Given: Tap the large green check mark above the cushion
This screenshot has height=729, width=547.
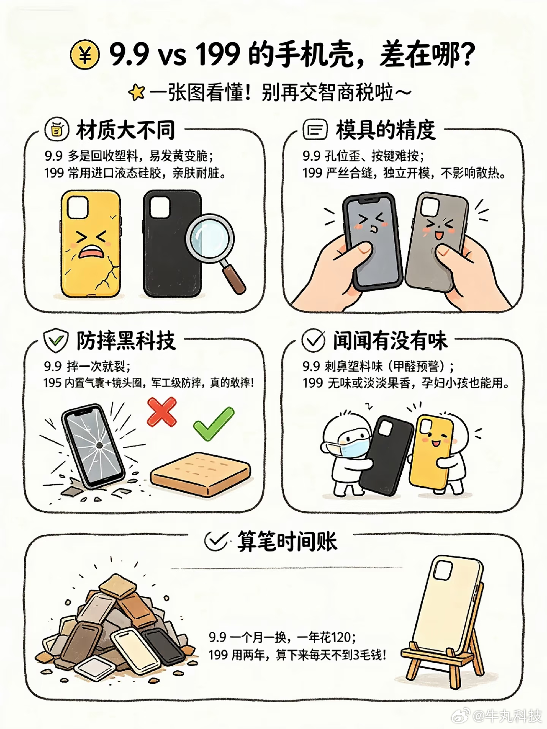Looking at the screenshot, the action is (213, 423).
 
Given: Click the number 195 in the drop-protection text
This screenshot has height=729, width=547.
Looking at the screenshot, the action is (52, 383).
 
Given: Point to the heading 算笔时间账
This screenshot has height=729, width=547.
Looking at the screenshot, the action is (287, 541).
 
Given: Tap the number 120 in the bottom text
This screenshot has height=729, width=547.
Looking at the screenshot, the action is (343, 637).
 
